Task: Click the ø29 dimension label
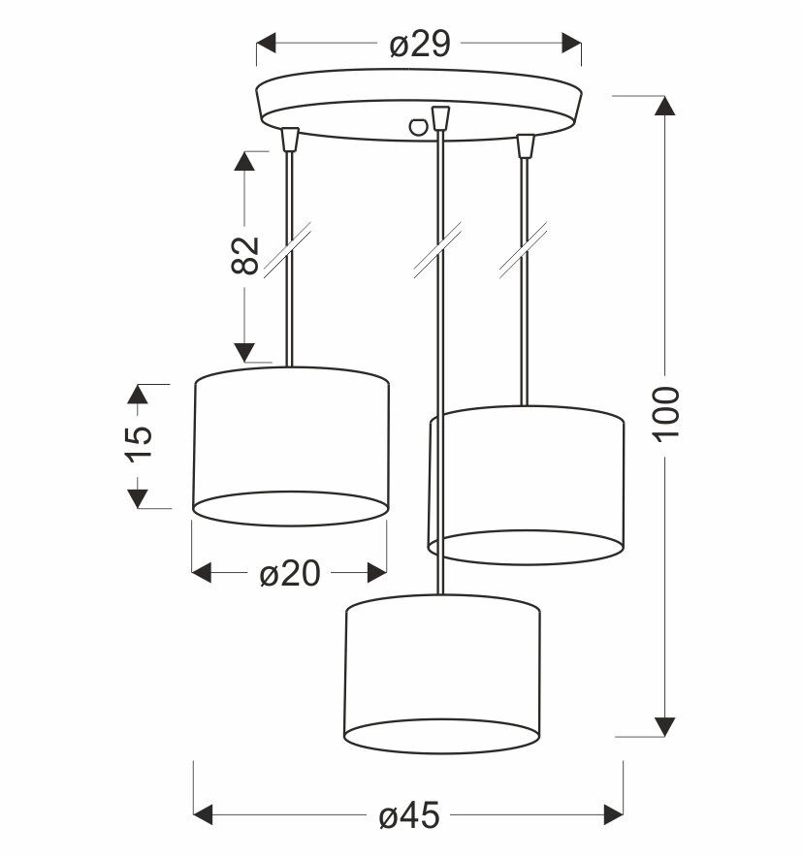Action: [x=420, y=45]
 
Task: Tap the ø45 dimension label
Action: [x=409, y=815]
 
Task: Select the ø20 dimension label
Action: [x=289, y=574]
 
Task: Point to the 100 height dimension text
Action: [x=666, y=412]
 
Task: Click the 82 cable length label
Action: [x=244, y=255]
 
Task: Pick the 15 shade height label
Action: [x=140, y=444]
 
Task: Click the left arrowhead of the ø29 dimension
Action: [x=266, y=43]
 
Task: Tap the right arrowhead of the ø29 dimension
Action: [x=571, y=43]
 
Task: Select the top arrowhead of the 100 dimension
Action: [x=665, y=106]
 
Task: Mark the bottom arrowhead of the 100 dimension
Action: [x=665, y=726]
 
